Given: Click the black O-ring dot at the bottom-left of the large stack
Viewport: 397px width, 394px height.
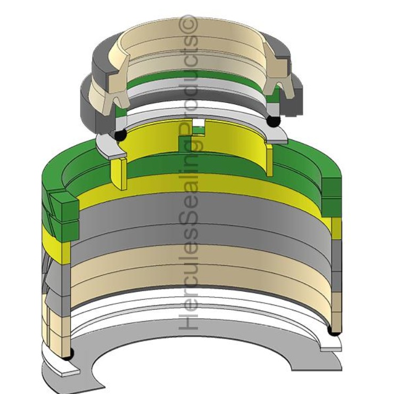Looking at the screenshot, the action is click(x=69, y=354).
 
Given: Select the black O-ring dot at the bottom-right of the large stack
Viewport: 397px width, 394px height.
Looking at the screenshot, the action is click(x=334, y=331).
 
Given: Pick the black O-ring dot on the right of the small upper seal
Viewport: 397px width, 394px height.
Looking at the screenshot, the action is click(x=274, y=121).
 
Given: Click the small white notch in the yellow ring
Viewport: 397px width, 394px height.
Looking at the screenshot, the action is click(x=198, y=123).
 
